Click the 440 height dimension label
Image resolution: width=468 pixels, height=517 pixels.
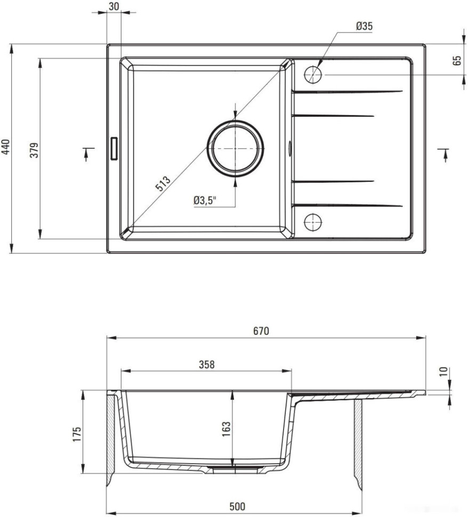(6, 148)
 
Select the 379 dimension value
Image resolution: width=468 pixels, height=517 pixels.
(35, 150)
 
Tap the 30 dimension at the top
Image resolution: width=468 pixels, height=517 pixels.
(114, 6)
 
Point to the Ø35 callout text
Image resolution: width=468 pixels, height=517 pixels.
(365, 26)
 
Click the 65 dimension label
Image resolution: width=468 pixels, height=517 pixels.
(457, 60)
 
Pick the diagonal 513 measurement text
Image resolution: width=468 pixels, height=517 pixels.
(163, 184)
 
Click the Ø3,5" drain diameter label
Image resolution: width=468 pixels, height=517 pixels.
(205, 200)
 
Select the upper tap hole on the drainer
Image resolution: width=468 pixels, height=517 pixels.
(313, 75)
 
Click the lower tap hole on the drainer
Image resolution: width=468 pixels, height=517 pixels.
(313, 222)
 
